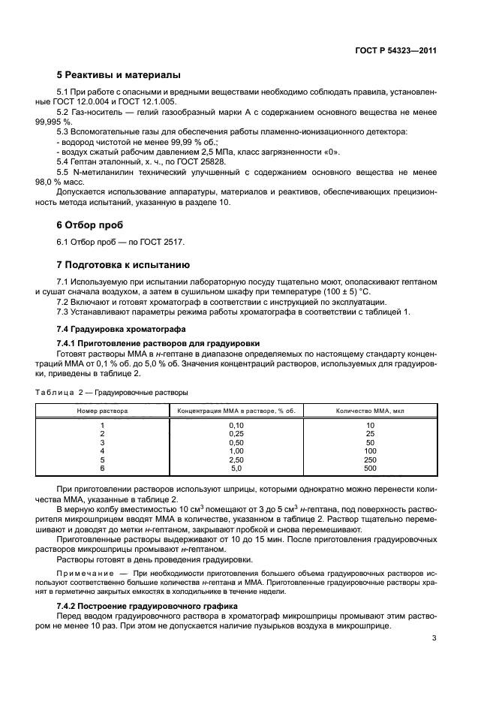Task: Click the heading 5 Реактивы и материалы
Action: tap(119, 75)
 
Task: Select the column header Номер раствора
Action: tap(102, 411)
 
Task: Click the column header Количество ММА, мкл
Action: tap(370, 411)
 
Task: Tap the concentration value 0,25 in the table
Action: tap(236, 434)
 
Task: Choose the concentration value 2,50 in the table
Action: tap(236, 459)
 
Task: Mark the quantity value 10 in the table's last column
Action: tap(370, 426)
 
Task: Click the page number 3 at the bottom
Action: tap(434, 639)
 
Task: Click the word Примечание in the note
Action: tap(86, 574)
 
